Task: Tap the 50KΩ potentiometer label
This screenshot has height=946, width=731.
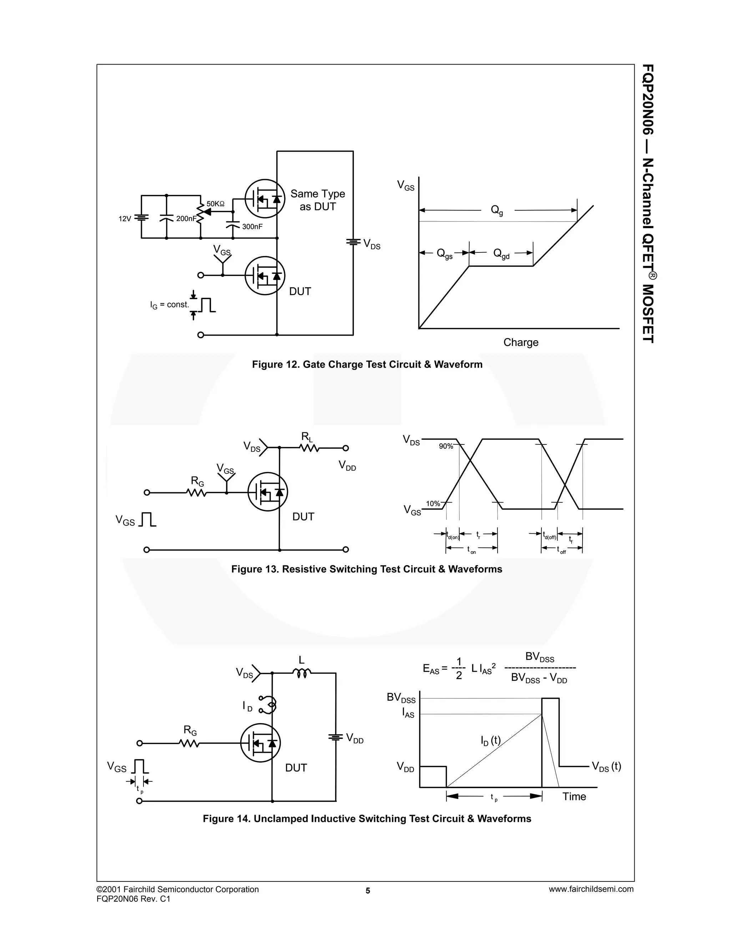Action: click(x=215, y=203)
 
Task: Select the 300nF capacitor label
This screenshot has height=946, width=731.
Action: click(x=252, y=227)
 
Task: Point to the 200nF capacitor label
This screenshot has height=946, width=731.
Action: click(x=186, y=219)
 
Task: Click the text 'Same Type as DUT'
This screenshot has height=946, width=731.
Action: click(x=318, y=200)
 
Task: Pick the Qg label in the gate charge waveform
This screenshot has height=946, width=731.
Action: click(x=497, y=211)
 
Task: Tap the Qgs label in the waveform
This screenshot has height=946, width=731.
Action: click(x=444, y=253)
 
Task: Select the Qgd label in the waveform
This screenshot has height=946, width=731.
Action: click(x=501, y=253)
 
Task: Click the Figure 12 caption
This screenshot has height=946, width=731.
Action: click(x=367, y=364)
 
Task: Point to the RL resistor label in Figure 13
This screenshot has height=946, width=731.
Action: click(x=307, y=437)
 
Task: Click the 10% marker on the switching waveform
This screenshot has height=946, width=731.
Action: click(x=433, y=503)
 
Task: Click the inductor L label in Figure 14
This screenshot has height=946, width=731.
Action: click(x=302, y=660)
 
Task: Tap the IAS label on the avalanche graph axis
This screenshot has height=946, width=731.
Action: click(x=408, y=713)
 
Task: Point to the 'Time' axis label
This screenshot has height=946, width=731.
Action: click(x=574, y=796)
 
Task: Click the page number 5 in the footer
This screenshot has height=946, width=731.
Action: click(x=368, y=891)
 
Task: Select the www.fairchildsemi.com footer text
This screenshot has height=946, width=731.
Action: click(x=591, y=889)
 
